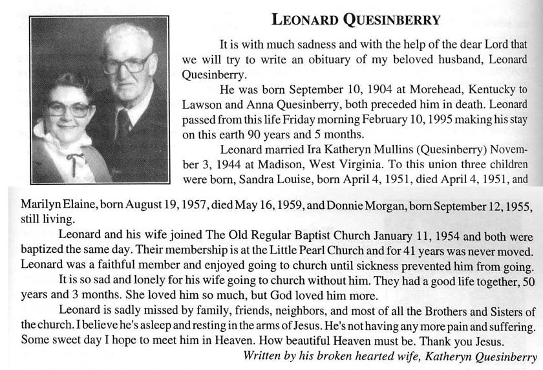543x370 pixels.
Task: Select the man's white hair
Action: [x=129, y=36]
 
